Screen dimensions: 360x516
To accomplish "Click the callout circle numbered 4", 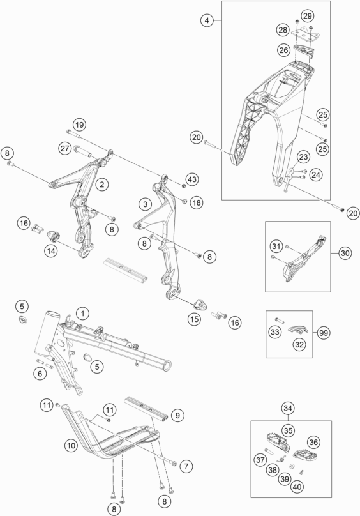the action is (207, 20).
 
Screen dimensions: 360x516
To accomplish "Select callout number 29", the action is (307, 16).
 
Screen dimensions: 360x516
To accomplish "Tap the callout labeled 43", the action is (192, 179).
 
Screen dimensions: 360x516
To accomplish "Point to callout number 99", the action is (324, 333).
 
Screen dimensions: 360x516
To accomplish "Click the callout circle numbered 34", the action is (288, 408).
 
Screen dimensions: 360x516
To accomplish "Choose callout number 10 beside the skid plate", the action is (71, 446).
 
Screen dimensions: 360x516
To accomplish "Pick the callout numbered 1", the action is (82, 314).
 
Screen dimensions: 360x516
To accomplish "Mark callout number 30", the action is (345, 253).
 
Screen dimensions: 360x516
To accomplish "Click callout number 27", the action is (65, 148).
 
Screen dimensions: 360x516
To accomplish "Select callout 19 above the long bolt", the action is (79, 125).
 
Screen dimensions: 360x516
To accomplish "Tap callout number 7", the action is (186, 466).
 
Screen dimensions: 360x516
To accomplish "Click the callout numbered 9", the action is (177, 415).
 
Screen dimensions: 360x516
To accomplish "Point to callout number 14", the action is (51, 251).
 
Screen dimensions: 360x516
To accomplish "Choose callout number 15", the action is (194, 319).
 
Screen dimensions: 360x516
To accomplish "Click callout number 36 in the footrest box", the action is (313, 443).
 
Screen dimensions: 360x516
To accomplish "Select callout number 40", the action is (297, 487).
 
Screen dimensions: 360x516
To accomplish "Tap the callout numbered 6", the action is (40, 374).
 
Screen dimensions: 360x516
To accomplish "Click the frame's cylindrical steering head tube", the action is (48, 333).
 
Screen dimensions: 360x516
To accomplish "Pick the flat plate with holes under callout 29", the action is (305, 34).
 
